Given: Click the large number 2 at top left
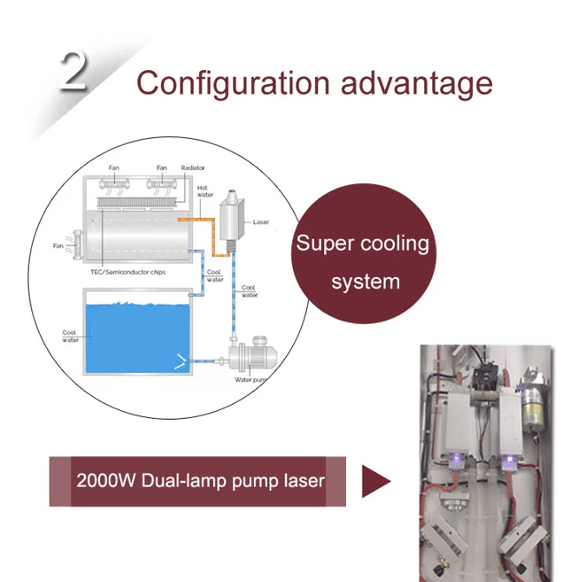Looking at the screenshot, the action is [x=74, y=70].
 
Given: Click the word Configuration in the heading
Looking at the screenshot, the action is [x=233, y=83].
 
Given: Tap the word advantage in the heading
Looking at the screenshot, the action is [x=416, y=84].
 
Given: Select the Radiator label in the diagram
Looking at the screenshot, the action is [x=193, y=168].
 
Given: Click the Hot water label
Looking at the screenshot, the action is [x=204, y=191].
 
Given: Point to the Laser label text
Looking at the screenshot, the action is [x=261, y=222].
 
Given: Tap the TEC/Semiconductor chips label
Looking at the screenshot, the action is [x=127, y=272].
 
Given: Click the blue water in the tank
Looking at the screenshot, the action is [x=137, y=338].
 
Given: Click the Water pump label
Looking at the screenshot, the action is [x=251, y=380].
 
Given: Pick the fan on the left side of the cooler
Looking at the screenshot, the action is [x=77, y=245].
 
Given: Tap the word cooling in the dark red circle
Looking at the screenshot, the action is [x=395, y=244].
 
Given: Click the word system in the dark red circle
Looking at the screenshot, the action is [x=366, y=282].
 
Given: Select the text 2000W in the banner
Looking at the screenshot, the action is [x=105, y=481].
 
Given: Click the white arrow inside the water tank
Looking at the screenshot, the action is [x=180, y=361].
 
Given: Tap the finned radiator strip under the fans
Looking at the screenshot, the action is [x=135, y=202].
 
